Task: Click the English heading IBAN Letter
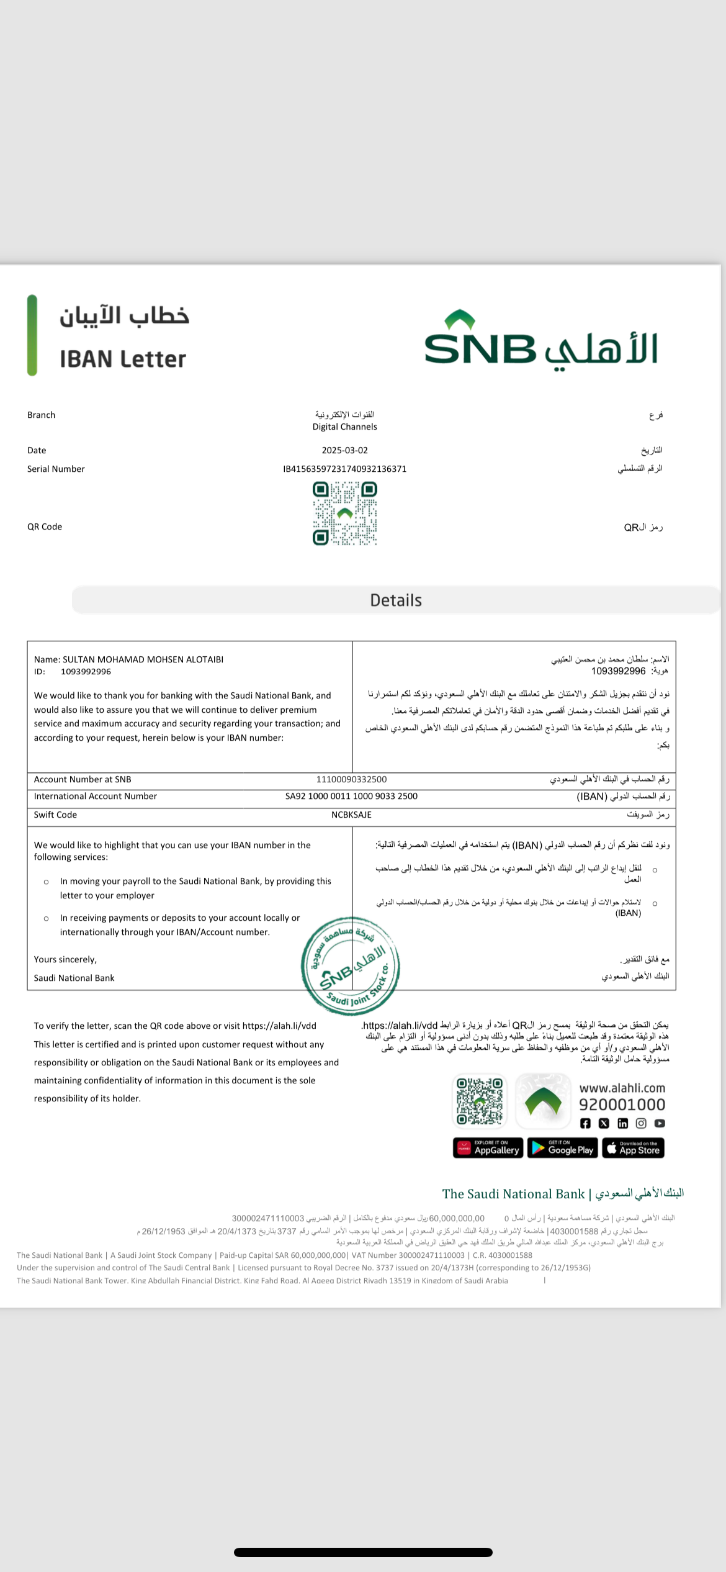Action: pos(123,359)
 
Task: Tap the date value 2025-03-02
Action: pos(344,450)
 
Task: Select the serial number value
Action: pos(344,469)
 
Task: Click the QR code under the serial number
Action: pos(344,514)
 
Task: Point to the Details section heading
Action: pos(396,600)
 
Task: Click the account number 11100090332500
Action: pos(351,779)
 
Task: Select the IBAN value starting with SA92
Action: pos(351,796)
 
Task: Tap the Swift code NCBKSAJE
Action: pos(351,815)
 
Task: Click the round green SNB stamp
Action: pos(351,966)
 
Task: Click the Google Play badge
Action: pos(562,1148)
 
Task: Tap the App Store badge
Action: pos(633,1148)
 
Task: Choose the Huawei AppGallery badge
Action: pos(488,1148)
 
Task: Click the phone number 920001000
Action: pos(622,1104)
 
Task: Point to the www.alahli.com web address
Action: pos(622,1088)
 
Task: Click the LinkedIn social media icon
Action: pos(622,1123)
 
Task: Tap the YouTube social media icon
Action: pos(660,1123)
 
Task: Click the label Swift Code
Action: pos(55,815)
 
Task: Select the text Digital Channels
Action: pos(344,427)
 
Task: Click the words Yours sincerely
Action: pos(65,959)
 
